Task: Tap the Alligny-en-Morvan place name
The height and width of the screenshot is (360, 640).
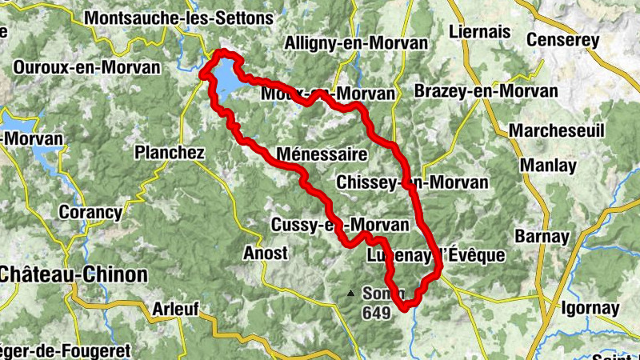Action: tap(338, 42)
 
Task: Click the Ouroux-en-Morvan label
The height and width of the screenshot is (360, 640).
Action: tap(86, 68)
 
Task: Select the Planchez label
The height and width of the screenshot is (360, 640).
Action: tap(170, 152)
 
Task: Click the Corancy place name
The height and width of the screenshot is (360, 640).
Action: tap(91, 213)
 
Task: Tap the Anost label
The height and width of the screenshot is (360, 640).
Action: tap(265, 254)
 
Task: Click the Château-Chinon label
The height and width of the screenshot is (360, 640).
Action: tap(74, 274)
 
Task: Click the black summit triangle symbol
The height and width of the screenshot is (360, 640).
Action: tap(350, 293)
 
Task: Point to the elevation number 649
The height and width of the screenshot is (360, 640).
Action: tap(375, 313)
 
